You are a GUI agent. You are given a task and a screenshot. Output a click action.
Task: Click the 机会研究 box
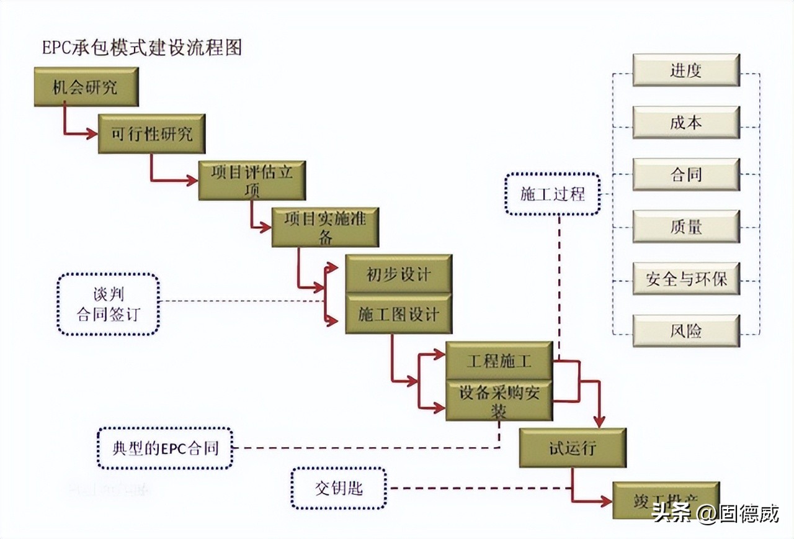click(86, 87)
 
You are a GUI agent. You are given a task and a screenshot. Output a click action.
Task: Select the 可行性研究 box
click(151, 134)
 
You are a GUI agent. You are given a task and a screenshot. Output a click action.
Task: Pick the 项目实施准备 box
click(325, 227)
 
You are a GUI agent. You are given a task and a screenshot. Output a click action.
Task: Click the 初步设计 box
click(398, 274)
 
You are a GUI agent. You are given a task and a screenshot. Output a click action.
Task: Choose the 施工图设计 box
click(398, 315)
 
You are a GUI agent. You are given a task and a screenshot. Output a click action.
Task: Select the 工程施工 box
click(499, 361)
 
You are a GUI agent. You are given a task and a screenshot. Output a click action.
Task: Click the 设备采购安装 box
click(499, 401)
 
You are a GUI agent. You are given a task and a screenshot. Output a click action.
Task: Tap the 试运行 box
click(572, 448)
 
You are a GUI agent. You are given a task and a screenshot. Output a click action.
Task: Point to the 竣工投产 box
click(666, 500)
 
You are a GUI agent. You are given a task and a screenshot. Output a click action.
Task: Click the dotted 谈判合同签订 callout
click(108, 304)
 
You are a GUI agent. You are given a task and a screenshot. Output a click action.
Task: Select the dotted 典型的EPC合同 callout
click(165, 448)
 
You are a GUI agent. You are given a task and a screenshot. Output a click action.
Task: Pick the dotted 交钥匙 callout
click(338, 488)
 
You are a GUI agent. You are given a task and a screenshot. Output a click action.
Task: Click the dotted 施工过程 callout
click(552, 194)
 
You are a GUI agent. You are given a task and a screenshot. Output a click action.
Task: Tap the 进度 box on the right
click(685, 70)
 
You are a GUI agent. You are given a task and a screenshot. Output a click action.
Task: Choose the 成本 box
click(685, 122)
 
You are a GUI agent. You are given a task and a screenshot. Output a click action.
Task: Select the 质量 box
click(685, 227)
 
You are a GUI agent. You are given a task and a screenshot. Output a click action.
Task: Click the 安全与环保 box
click(685, 279)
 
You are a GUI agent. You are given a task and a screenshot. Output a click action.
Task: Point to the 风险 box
click(685, 331)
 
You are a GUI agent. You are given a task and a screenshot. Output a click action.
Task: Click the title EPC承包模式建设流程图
click(141, 48)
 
